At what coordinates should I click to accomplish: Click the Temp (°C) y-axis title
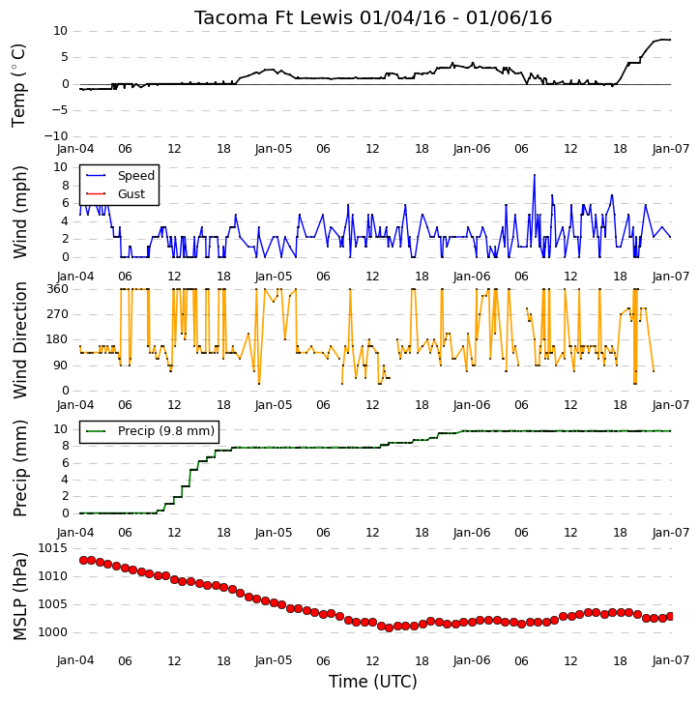(18, 85)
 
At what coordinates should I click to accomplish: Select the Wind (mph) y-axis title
(19, 212)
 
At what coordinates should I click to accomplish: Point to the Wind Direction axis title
(19, 339)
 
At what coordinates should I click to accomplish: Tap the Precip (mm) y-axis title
(19, 468)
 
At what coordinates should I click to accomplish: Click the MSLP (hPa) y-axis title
(19, 597)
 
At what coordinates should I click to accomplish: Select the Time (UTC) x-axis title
(373, 682)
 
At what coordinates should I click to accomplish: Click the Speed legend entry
(136, 176)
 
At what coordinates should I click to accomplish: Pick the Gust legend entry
(131, 194)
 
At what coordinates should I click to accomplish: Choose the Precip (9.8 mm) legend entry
(166, 431)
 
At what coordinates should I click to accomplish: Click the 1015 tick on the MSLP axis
(52, 548)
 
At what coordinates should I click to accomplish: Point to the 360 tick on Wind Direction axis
(58, 289)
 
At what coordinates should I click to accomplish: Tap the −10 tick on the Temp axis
(56, 136)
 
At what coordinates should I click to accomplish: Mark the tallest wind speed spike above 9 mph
(534, 175)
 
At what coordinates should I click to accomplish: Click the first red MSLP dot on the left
(83, 560)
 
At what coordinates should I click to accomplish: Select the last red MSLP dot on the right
(670, 617)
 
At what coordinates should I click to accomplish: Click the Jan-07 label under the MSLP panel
(670, 660)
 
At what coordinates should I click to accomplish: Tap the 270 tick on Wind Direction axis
(58, 314)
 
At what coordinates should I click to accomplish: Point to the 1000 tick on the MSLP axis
(52, 632)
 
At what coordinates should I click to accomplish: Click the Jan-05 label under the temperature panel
(274, 149)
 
